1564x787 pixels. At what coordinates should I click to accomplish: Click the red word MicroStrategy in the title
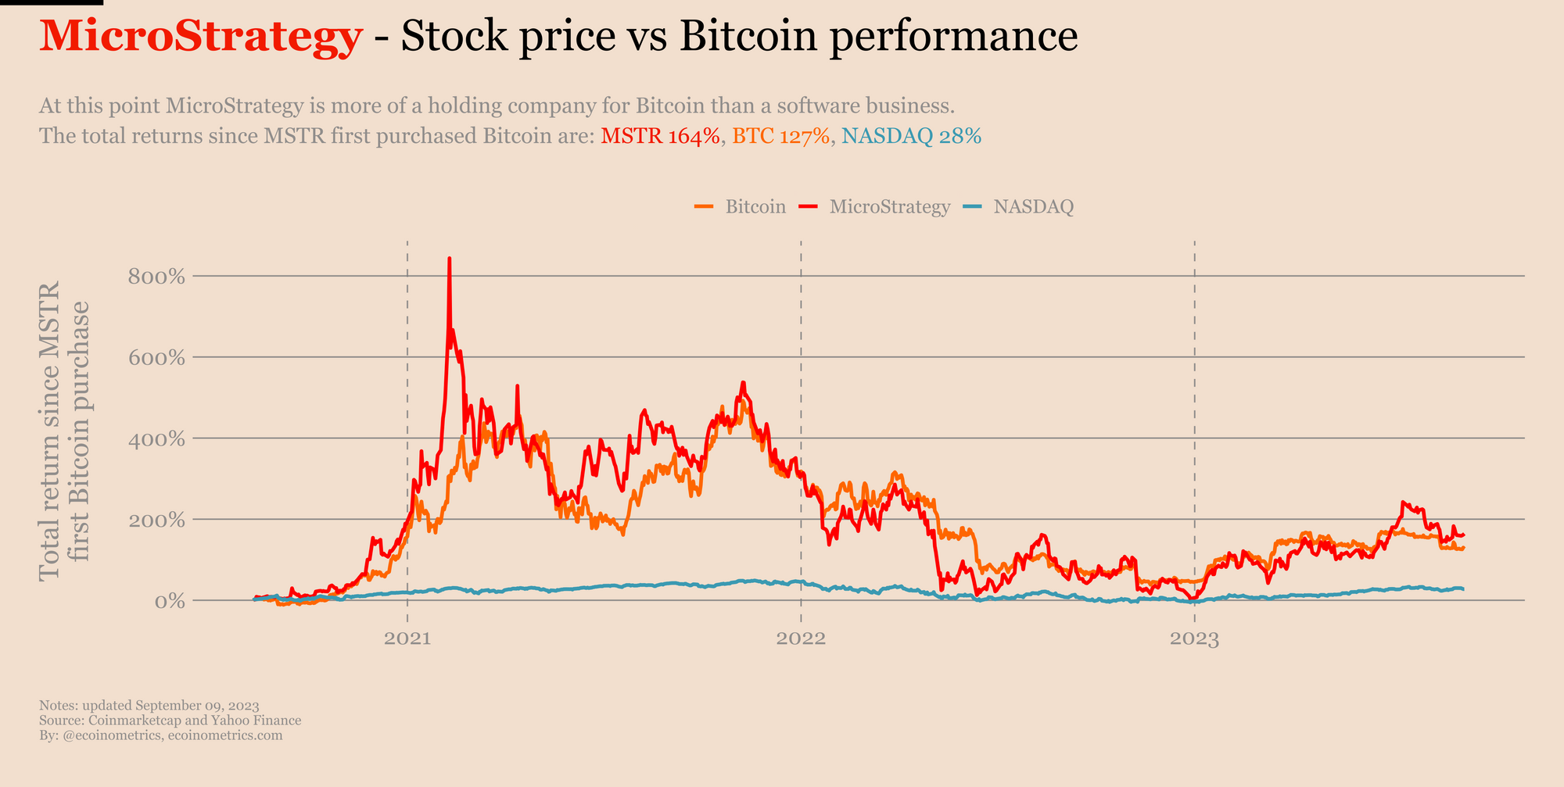click(x=200, y=37)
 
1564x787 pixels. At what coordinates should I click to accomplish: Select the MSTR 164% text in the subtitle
click(x=660, y=137)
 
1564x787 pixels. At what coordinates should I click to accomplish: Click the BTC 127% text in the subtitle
click(x=780, y=137)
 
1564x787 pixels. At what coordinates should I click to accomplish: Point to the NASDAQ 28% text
click(x=912, y=137)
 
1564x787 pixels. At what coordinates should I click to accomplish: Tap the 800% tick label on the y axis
click(x=156, y=277)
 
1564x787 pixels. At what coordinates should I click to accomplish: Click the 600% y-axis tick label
click(x=156, y=358)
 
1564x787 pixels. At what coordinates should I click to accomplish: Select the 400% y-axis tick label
click(x=156, y=439)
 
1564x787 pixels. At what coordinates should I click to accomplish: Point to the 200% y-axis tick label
click(x=156, y=520)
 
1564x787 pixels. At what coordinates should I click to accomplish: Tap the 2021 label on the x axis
click(x=408, y=639)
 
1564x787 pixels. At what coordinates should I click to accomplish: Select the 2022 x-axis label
click(x=801, y=639)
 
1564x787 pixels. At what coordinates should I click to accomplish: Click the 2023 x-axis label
click(x=1194, y=639)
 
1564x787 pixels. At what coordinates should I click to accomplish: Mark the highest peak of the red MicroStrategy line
click(x=449, y=259)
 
